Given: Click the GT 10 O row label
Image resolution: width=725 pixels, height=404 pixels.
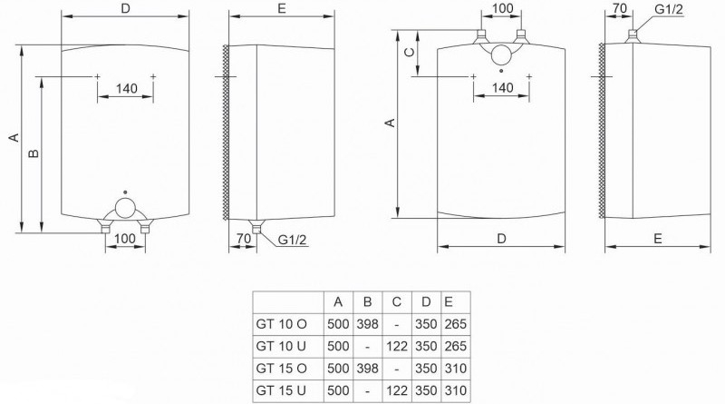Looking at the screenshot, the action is click(x=281, y=324).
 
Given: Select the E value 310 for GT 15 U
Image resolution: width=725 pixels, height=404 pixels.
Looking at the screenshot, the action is click(x=456, y=390).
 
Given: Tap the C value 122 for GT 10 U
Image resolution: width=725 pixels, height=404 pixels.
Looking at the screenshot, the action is click(x=397, y=346).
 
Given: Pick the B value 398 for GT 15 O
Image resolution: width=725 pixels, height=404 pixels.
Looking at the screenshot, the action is click(x=368, y=369).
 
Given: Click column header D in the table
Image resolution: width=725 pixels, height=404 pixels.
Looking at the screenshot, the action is click(x=426, y=302).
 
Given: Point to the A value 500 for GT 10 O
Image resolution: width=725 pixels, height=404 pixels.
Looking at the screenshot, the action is click(x=338, y=324).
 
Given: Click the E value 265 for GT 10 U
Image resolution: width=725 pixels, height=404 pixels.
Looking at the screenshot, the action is click(x=456, y=346).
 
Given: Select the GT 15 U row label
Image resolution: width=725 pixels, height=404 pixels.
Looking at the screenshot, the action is click(x=281, y=390).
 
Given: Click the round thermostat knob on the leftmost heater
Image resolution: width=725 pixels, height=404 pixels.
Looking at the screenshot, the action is click(x=125, y=208).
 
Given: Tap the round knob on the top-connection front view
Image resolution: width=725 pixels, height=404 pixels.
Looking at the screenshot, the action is click(x=501, y=54).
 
